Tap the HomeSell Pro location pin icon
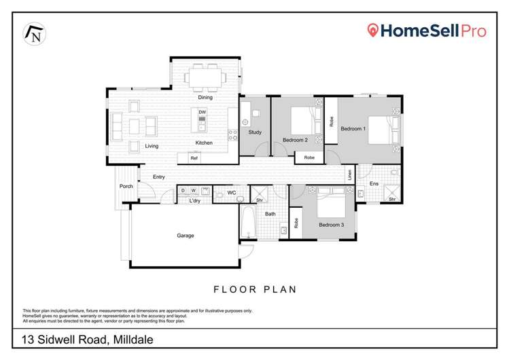[372, 31]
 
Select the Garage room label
[186, 236]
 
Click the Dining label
[205, 97]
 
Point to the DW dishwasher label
[202, 111]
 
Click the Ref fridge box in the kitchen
[194, 158]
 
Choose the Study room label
[255, 132]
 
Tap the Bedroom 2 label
[296, 140]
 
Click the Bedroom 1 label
[353, 128]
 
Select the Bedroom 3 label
[332, 224]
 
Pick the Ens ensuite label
[374, 183]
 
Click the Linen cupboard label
[351, 174]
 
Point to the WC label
[231, 193]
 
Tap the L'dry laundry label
[194, 200]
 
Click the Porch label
[126, 186]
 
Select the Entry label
[159, 177]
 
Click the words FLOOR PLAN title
[255, 289]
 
